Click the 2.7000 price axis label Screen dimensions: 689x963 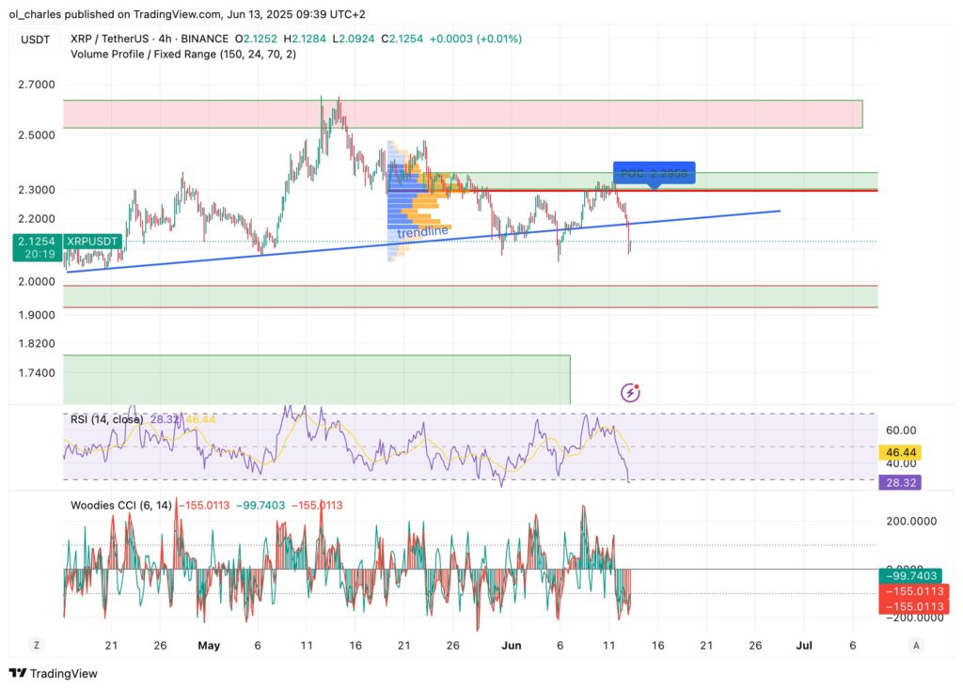36,85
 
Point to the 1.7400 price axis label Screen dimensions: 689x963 36,373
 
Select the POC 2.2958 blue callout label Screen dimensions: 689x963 654,174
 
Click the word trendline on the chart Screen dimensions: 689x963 421,232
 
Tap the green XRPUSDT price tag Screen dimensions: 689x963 66,247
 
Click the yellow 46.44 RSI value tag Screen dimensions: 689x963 898,452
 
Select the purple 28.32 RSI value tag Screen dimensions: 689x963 898,482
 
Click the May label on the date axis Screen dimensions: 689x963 209,646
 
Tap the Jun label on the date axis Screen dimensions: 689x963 512,646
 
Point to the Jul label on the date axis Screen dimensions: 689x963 805,646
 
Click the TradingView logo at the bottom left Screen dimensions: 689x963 54,673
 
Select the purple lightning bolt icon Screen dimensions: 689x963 630,393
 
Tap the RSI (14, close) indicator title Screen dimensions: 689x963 107,419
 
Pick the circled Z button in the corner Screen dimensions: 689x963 36,646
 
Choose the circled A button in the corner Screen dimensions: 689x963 916,646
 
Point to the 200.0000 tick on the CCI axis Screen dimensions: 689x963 907,520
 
